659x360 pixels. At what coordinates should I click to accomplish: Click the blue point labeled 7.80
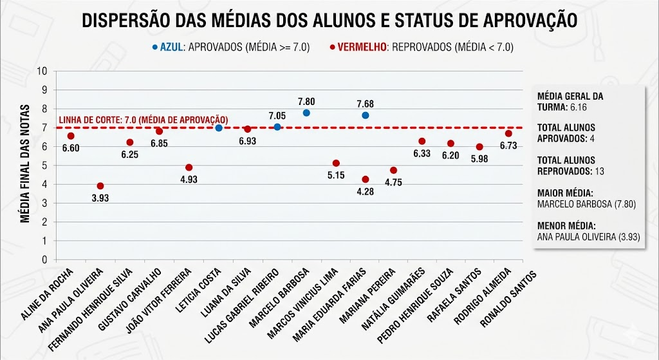click(x=306, y=113)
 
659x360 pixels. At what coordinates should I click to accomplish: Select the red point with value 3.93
click(x=100, y=186)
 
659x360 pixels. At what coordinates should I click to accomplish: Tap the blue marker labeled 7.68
click(x=365, y=115)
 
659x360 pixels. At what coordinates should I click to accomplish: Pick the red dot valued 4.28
click(x=365, y=179)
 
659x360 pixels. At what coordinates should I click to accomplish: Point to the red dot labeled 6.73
click(x=508, y=133)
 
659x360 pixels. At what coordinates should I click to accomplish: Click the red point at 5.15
click(x=336, y=163)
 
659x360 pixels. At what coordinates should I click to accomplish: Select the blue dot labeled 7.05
click(x=277, y=127)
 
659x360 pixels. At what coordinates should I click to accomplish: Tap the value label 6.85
click(x=159, y=144)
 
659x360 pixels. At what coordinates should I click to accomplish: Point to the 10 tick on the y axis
click(x=44, y=71)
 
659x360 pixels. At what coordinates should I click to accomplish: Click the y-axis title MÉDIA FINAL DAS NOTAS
click(x=25, y=164)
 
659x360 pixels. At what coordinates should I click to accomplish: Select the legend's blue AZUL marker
click(x=154, y=47)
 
